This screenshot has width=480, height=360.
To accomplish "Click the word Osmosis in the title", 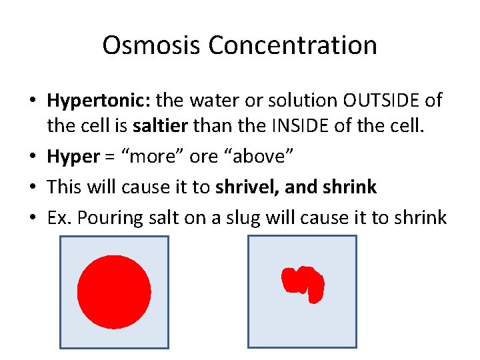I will [x=152, y=45].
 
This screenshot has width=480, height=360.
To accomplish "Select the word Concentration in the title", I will [x=293, y=45].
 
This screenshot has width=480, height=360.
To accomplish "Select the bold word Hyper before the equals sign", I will [x=73, y=157].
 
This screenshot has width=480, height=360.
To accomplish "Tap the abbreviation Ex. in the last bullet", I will [x=60, y=217].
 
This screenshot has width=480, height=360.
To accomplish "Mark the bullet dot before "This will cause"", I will [x=33, y=187].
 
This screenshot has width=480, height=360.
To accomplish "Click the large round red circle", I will [x=114, y=292].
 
